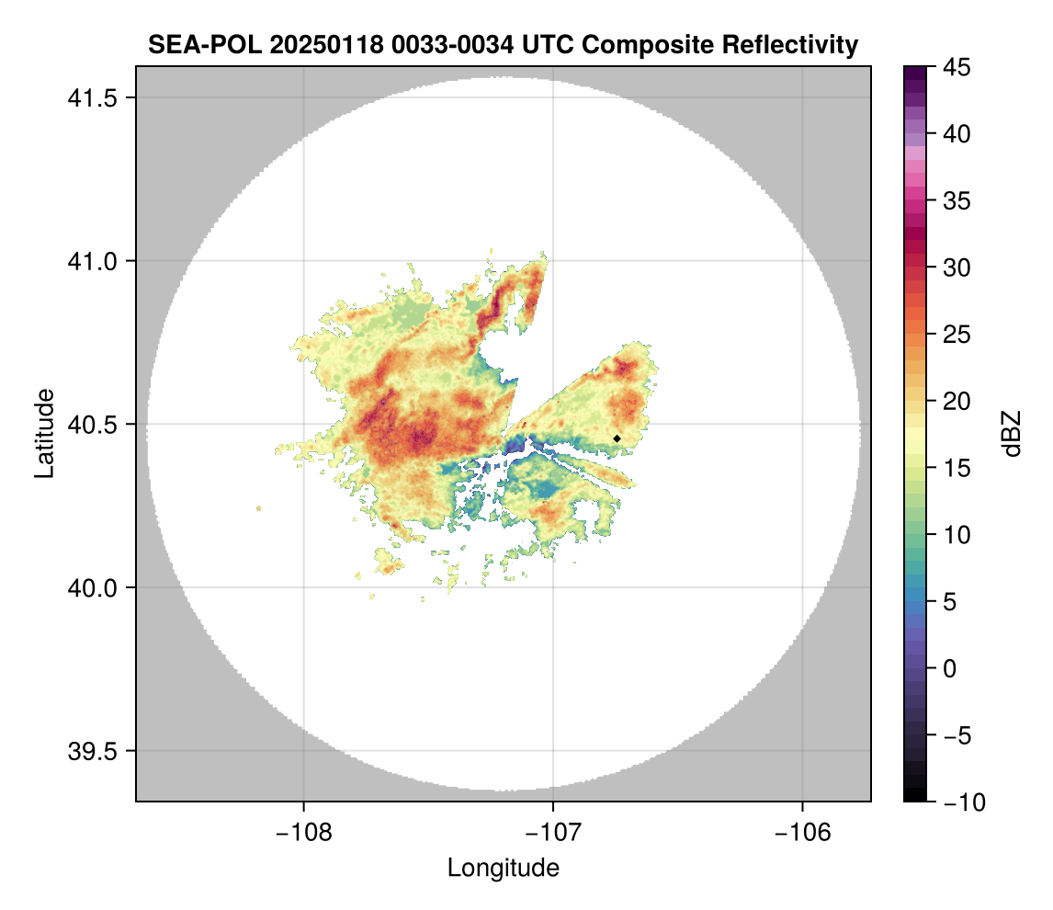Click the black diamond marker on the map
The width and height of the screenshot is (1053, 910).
coord(617,438)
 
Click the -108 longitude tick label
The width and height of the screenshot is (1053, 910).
coord(302,832)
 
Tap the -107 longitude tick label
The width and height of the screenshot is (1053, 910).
coord(553,832)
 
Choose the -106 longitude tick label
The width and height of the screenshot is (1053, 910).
coord(803,832)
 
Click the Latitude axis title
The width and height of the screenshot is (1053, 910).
coord(44,433)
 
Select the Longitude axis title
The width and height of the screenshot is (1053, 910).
coord(503,868)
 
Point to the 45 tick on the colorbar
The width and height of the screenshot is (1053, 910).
coord(957,67)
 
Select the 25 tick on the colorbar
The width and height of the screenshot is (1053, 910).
coord(957,335)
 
